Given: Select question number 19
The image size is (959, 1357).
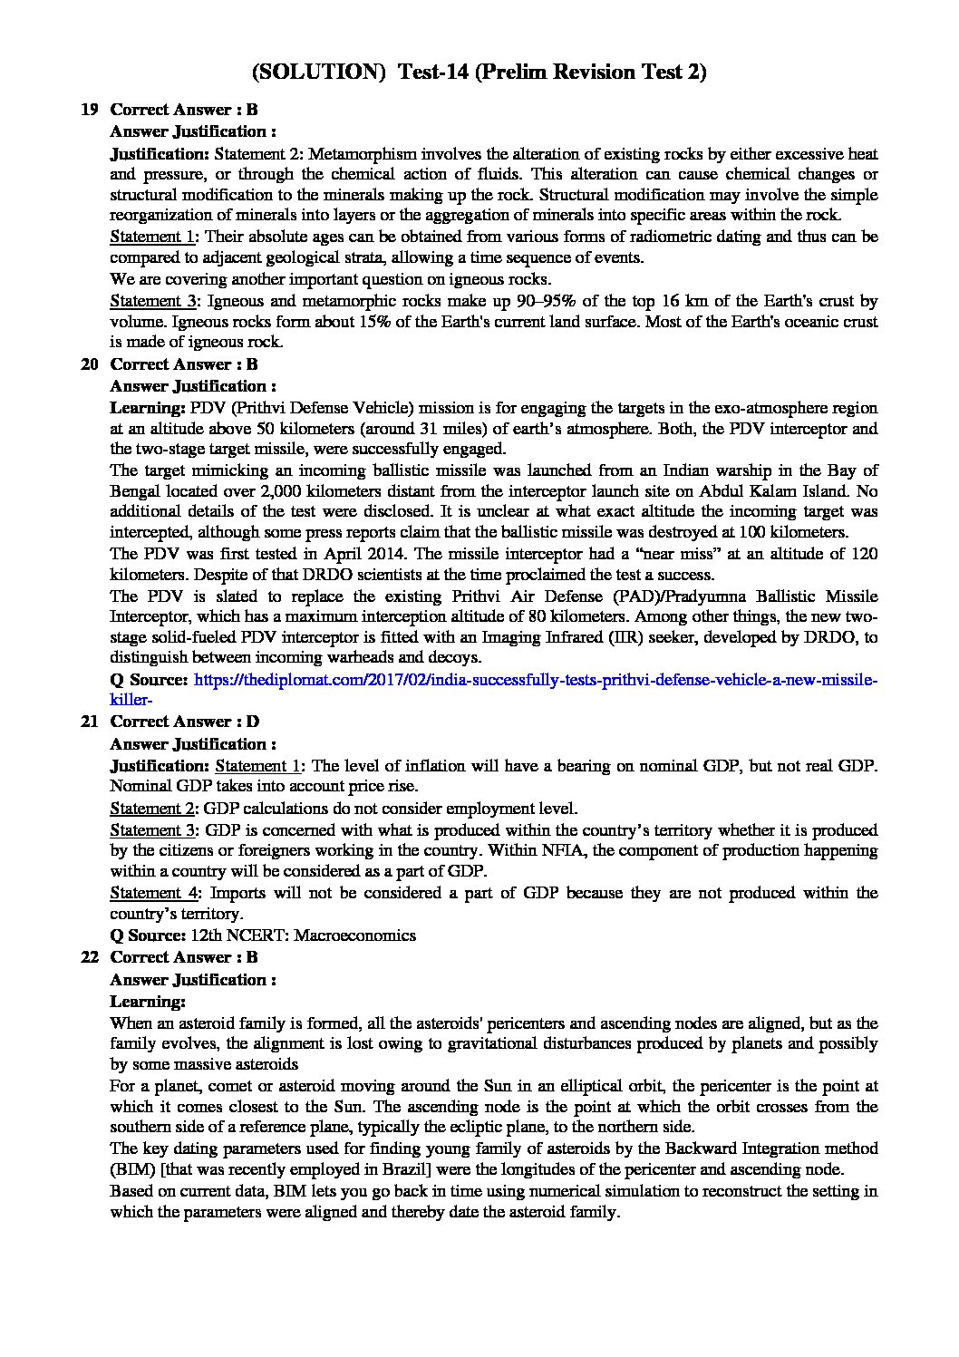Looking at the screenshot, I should [89, 110].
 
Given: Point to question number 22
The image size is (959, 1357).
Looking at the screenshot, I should [89, 957].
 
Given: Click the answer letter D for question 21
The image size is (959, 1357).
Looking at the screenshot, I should [253, 722].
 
